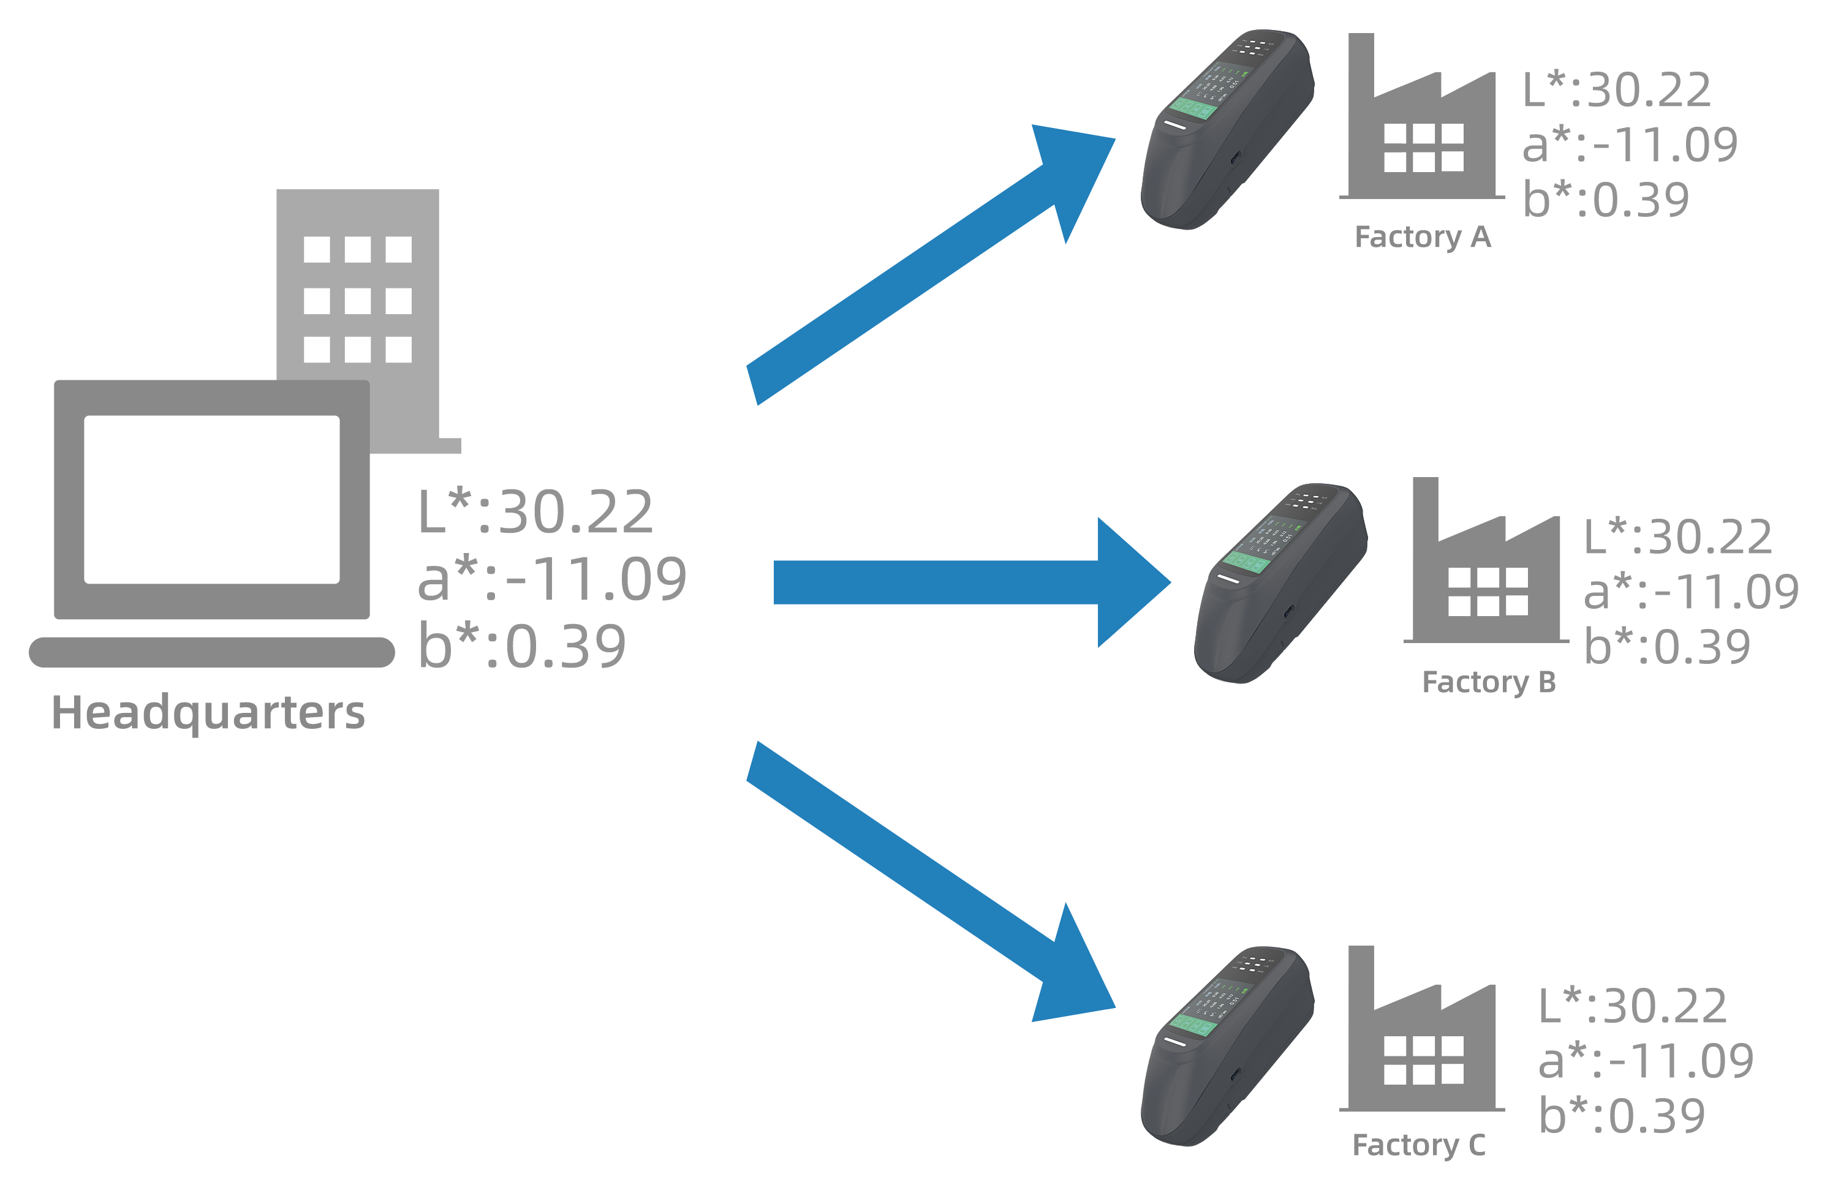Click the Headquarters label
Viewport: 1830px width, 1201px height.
coord(208,713)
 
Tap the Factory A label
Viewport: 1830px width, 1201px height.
coord(1423,238)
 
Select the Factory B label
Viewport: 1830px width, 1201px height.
coord(1489,682)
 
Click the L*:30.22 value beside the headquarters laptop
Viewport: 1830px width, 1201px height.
coord(536,513)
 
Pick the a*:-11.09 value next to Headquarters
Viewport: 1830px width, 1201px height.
coord(551,580)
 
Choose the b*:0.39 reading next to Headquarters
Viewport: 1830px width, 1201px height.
coord(522,646)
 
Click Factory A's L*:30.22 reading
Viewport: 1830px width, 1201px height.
coord(1618,91)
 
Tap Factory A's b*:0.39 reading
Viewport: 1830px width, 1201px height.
coord(1607,200)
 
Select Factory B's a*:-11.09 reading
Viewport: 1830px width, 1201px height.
coord(1690,592)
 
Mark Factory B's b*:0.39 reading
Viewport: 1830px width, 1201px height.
coord(1668,646)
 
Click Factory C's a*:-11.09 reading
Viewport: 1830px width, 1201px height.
coord(1646,1061)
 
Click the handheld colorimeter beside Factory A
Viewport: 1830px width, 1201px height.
coord(1227,130)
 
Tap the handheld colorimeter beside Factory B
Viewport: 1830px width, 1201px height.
coord(1281,584)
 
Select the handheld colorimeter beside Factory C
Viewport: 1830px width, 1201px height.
coord(1227,1047)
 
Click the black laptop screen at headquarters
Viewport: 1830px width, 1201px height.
coord(211,500)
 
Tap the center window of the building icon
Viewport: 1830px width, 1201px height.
coord(358,301)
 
